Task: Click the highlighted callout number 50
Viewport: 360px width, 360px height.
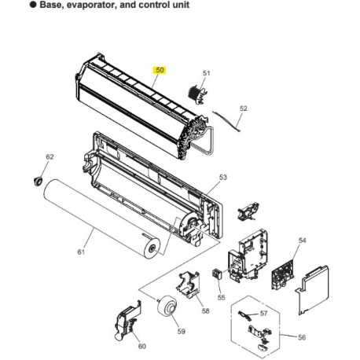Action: click(160, 70)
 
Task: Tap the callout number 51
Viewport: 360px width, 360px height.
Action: click(207, 74)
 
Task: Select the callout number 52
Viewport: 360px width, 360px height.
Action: click(243, 108)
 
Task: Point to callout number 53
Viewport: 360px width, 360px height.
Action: click(222, 178)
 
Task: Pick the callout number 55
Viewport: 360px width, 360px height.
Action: click(221, 299)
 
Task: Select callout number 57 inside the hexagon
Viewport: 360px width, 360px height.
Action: click(263, 314)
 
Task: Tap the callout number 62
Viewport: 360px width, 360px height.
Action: click(50, 157)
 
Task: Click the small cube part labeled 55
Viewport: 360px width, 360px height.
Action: click(217, 275)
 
